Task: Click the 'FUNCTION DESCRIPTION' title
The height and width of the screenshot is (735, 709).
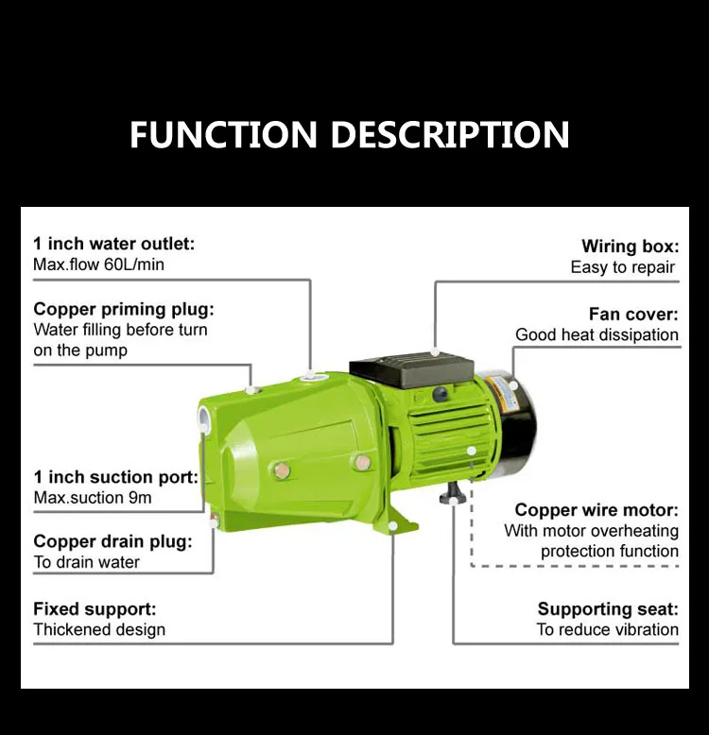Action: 349,134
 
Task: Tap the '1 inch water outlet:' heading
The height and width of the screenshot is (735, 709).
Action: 113,244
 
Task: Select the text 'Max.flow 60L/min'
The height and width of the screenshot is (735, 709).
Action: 98,265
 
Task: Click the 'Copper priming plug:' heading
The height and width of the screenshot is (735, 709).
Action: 124,309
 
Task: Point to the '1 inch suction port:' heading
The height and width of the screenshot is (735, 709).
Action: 115,477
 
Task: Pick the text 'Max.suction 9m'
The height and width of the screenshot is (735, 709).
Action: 92,498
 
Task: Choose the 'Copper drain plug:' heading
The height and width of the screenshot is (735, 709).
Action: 112,541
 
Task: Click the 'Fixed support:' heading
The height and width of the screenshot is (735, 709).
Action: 95,609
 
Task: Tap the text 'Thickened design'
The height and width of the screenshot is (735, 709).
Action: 99,630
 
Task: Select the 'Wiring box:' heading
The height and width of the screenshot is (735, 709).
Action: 630,247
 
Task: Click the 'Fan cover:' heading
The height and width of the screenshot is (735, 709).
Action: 633,314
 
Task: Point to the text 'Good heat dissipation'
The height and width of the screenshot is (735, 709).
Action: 597,334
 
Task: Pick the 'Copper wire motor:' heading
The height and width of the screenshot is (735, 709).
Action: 597,510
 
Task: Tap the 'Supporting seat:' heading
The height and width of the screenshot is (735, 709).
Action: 608,609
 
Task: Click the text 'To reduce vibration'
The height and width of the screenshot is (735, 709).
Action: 607,630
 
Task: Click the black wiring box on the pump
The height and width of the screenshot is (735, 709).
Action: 411,371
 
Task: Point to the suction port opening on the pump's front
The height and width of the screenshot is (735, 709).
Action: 205,417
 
